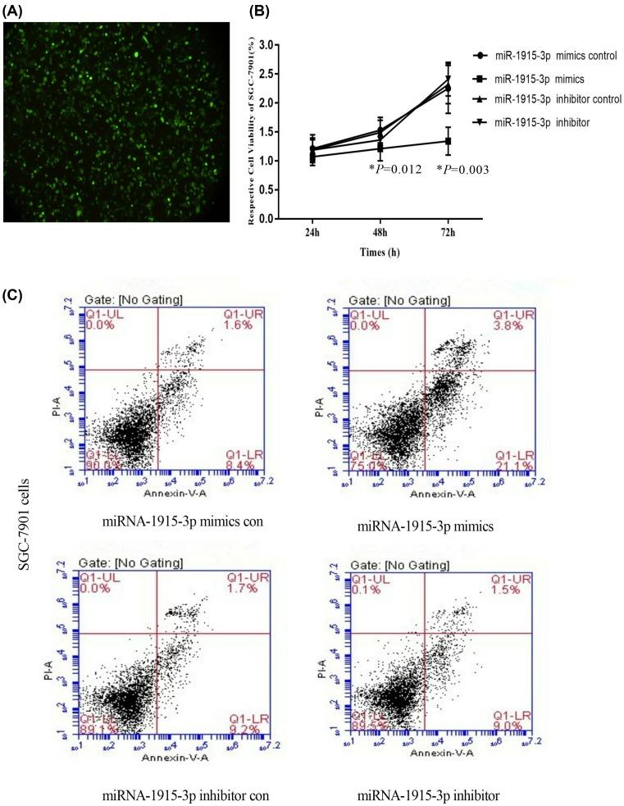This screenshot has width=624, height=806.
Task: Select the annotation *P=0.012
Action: pos(395,170)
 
